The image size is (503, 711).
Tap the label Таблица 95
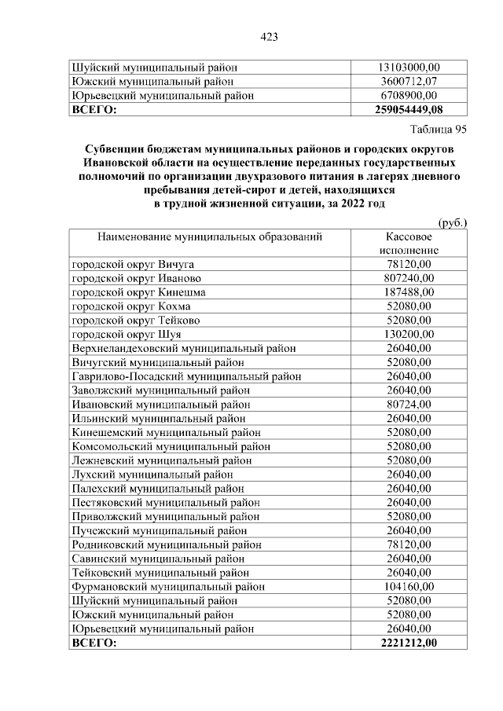[x=439, y=129]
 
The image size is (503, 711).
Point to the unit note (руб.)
[x=452, y=222]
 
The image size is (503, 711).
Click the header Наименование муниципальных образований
[x=210, y=236]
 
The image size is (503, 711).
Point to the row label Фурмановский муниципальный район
[x=168, y=586]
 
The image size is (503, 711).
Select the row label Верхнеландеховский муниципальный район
[x=184, y=348]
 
